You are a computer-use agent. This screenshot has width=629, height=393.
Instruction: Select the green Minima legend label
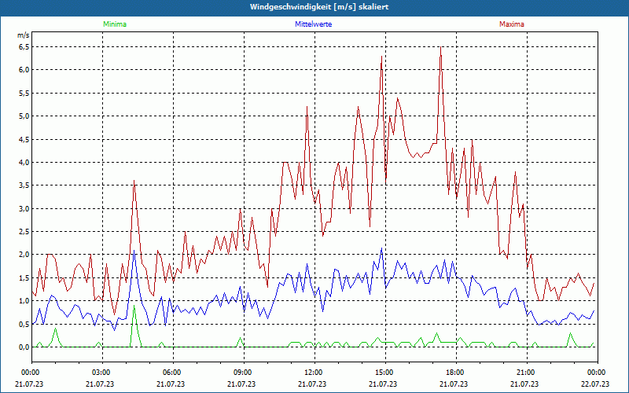pyautogui.click(x=114, y=24)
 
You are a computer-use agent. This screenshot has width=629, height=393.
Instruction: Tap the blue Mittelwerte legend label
pyautogui.click(x=313, y=24)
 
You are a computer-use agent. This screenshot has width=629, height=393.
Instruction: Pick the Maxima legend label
pyautogui.click(x=511, y=24)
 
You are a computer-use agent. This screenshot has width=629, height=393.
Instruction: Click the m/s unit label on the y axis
pyautogui.click(x=23, y=35)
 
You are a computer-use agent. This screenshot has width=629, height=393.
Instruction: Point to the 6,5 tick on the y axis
pyautogui.click(x=23, y=46)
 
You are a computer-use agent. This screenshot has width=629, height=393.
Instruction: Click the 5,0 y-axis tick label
pyautogui.click(x=23, y=116)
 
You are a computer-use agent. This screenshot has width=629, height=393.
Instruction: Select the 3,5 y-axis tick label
pyautogui.click(x=23, y=185)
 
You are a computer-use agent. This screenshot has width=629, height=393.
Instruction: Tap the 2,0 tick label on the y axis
pyautogui.click(x=23, y=255)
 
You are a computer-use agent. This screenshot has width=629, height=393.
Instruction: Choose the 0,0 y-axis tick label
pyautogui.click(x=23, y=347)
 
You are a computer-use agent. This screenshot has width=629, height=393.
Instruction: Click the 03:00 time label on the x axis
pyautogui.click(x=101, y=373)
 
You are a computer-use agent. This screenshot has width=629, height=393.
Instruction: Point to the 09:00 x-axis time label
pyautogui.click(x=243, y=373)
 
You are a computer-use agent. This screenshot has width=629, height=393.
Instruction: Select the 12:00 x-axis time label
pyautogui.click(x=314, y=373)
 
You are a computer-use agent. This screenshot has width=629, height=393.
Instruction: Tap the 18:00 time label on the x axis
pyautogui.click(x=455, y=373)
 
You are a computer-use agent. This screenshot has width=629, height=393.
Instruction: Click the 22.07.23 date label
pyautogui.click(x=597, y=384)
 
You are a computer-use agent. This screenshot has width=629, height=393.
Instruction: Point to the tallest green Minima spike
pyautogui.click(x=134, y=305)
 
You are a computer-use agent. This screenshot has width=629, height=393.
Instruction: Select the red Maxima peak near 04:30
pyautogui.click(x=134, y=181)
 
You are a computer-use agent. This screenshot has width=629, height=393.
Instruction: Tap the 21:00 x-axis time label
pyautogui.click(x=526, y=373)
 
